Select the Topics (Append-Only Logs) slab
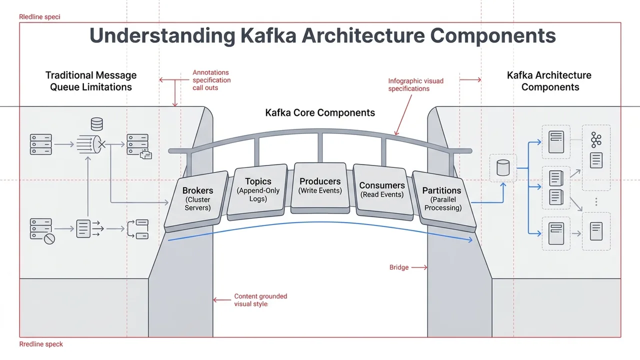[x=258, y=192]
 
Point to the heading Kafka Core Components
[x=320, y=112]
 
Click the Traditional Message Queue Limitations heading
[x=91, y=81]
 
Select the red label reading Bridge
[x=399, y=267]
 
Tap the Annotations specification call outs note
[x=211, y=80]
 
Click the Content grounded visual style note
[x=260, y=300]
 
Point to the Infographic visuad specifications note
[x=415, y=84]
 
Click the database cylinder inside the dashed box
[x=502, y=168]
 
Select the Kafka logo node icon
[x=596, y=140]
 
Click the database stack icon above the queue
[x=96, y=124]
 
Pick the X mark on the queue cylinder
[x=101, y=144]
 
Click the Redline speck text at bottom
[x=41, y=344]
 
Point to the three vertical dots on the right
[x=596, y=201]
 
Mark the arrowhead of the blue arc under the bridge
[x=471, y=241]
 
